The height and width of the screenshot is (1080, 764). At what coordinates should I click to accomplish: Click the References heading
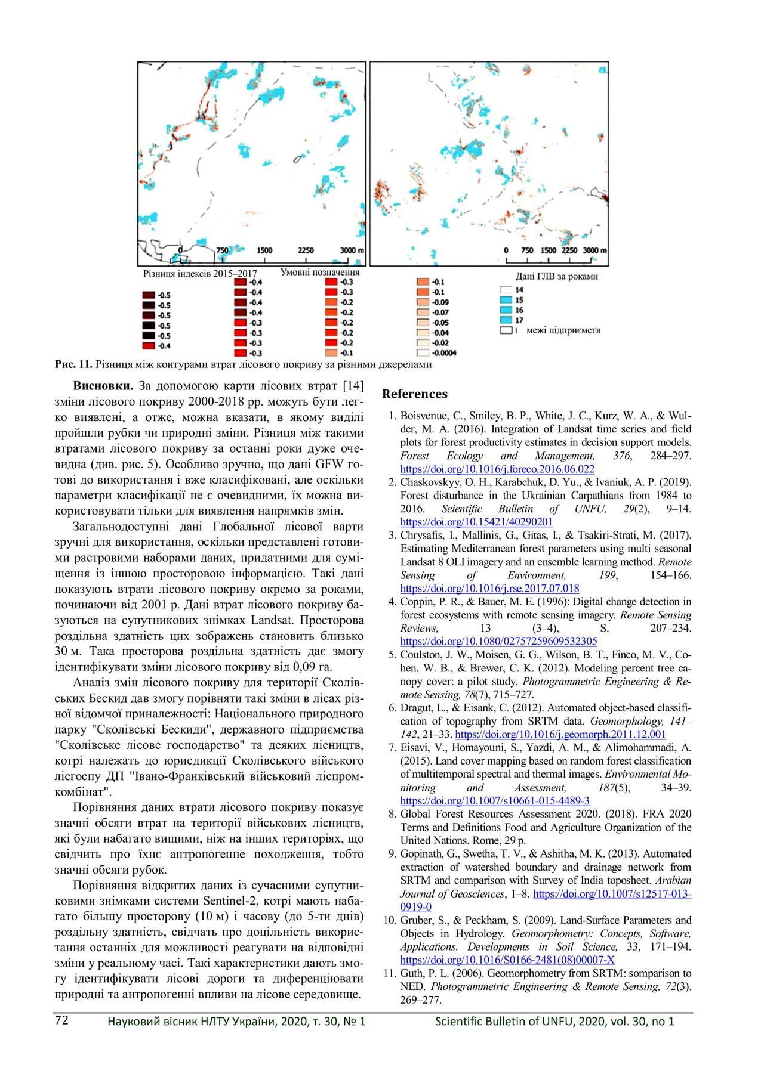414,394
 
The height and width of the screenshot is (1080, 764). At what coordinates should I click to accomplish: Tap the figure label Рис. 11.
73,364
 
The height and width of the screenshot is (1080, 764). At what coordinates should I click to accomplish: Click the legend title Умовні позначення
320,272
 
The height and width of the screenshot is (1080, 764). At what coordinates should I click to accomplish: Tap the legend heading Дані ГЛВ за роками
556,277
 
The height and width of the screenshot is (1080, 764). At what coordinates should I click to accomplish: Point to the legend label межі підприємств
563,330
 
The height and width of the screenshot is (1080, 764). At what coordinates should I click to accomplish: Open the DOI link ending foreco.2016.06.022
497,469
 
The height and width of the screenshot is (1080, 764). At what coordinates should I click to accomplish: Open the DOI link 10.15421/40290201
476,521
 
